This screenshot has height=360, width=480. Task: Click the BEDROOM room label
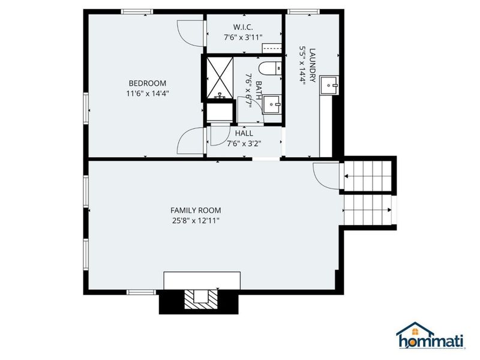(147, 83)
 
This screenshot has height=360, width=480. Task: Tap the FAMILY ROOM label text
(196, 211)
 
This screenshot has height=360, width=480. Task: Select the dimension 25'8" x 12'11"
(196, 221)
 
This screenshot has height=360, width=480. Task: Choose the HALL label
(244, 133)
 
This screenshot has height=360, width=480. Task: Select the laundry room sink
(330, 86)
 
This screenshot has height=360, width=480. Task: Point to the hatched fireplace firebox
(197, 298)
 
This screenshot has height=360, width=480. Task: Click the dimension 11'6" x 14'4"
(147, 94)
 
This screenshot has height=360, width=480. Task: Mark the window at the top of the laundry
(298, 11)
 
